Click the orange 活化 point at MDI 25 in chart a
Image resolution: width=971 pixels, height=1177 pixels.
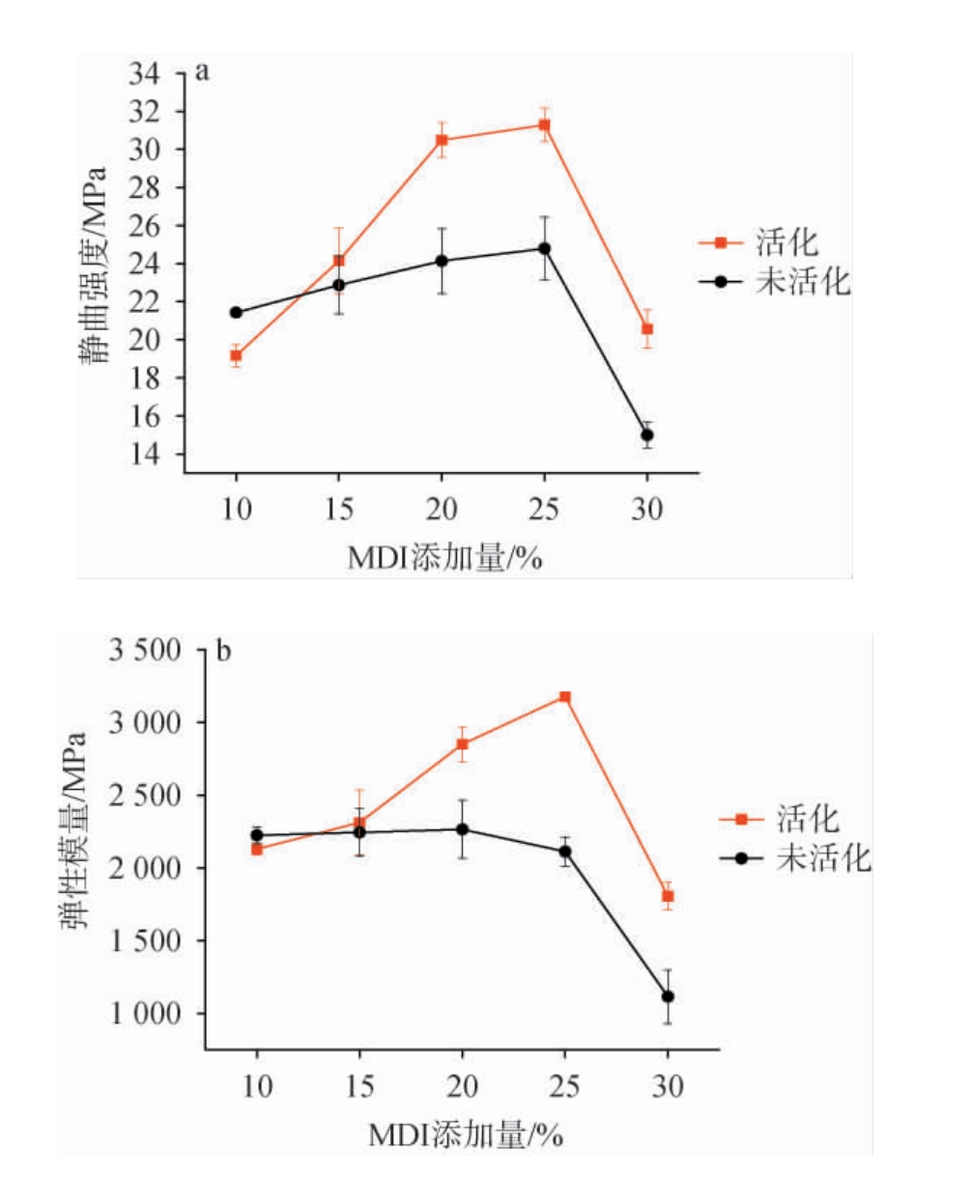[545, 125]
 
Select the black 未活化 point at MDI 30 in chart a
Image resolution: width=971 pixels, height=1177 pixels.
[647, 434]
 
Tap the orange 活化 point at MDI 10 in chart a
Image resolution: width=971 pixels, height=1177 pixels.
[236, 355]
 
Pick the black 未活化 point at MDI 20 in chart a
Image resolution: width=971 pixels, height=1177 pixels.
[442, 261]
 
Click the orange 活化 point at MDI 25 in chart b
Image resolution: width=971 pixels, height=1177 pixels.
[565, 696]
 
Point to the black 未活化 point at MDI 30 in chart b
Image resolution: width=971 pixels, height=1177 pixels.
[668, 995]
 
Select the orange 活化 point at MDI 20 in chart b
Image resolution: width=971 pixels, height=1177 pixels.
[463, 743]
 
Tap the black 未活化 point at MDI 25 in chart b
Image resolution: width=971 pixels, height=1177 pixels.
[565, 851]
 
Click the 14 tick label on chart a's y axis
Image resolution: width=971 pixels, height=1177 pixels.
[151, 455]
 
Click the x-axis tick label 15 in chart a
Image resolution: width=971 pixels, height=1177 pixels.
[338, 509]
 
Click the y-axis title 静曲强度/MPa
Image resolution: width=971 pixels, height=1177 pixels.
[94, 266]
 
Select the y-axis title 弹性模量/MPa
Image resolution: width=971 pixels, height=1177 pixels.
[74, 830]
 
